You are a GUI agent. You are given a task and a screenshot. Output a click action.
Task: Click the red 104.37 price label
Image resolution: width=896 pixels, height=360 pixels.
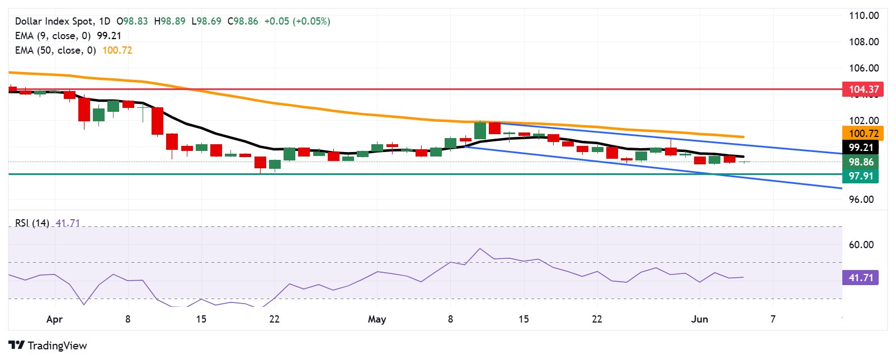click(x=863, y=89)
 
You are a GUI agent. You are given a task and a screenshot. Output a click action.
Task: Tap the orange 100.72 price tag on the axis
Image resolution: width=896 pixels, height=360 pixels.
click(x=863, y=134)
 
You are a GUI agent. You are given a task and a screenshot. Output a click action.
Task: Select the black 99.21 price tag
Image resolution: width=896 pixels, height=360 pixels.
click(x=861, y=148)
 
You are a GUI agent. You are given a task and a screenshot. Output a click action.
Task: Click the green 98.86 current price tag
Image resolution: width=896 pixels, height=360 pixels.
click(x=861, y=162)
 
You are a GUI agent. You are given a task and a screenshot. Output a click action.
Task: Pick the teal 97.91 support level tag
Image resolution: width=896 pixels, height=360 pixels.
click(x=861, y=176)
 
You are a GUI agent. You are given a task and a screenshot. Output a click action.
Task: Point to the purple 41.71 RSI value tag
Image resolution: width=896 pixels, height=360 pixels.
click(x=861, y=278)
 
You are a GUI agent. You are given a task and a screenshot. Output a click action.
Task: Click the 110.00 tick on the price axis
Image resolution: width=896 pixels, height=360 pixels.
click(x=864, y=16)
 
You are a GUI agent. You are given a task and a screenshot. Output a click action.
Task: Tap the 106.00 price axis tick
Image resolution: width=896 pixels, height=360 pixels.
click(x=864, y=68)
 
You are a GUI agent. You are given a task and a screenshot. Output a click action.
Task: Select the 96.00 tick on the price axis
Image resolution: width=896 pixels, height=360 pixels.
click(x=861, y=200)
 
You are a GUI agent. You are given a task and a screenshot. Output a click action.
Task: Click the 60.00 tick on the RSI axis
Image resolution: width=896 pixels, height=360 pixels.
click(x=861, y=245)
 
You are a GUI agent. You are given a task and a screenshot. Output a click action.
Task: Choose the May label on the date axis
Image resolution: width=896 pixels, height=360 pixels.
click(x=376, y=319)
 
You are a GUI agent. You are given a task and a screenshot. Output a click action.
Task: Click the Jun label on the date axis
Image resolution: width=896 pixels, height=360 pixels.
click(x=699, y=319)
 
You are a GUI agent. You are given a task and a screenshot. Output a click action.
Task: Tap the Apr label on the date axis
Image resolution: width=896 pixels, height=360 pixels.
click(x=54, y=319)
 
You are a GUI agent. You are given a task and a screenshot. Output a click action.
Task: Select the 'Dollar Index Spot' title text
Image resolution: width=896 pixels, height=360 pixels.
click(x=54, y=21)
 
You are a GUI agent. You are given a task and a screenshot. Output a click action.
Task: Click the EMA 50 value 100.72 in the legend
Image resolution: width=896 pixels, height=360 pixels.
click(x=117, y=50)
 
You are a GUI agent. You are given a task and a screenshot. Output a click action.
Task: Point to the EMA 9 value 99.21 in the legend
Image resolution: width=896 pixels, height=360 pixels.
click(x=109, y=36)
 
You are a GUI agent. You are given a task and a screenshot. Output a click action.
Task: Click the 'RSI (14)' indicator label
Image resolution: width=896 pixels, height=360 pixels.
click(x=32, y=223)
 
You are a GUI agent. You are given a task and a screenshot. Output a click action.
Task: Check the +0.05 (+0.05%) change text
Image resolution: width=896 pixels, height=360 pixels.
click(x=297, y=21)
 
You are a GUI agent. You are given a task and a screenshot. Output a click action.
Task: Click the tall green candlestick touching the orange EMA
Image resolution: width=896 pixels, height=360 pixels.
click(x=480, y=130)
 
